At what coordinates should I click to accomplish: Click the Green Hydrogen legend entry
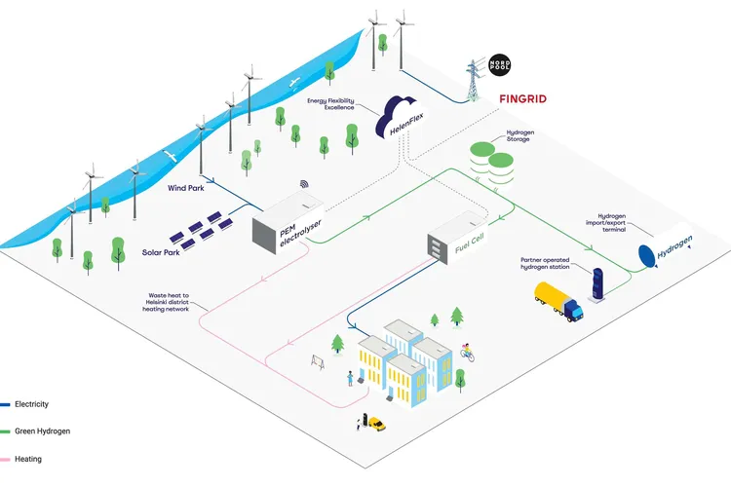pyautogui.click(x=37, y=431)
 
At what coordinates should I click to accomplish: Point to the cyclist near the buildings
pyautogui.click(x=467, y=351)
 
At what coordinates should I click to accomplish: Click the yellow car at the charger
pyautogui.click(x=375, y=424)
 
